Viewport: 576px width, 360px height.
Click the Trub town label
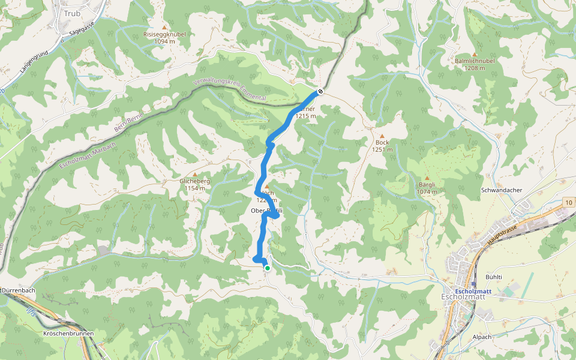click(71, 13)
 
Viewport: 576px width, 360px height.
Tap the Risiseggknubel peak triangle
click(165, 27)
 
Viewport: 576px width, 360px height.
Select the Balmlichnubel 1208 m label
click(474, 64)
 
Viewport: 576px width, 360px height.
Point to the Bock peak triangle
click(382, 136)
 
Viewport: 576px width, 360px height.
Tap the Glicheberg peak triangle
click(194, 174)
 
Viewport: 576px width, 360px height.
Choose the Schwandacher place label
click(502, 190)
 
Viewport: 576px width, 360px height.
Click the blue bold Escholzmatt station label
click(473, 291)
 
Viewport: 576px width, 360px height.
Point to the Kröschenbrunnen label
click(67, 332)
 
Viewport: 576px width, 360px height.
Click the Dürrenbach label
click(19, 290)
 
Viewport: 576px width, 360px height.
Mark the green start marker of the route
click(267, 268)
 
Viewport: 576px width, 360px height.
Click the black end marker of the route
click(321, 92)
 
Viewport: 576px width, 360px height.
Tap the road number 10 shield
click(568, 204)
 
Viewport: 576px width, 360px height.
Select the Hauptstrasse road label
click(502, 230)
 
